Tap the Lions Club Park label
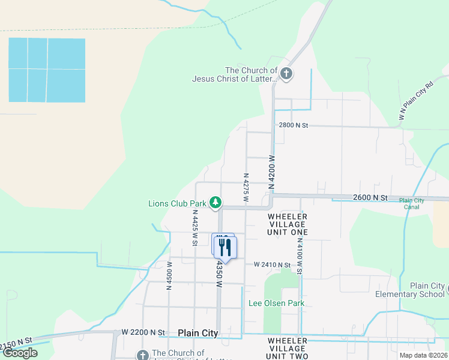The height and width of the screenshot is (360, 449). coord(177,203)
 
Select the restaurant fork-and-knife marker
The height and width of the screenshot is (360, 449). coord(225,247)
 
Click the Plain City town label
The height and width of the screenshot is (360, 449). coord(198,333)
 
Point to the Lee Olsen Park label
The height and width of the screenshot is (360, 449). coord(276,303)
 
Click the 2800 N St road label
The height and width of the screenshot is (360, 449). coord(293,125)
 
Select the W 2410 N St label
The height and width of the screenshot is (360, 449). coord(272,265)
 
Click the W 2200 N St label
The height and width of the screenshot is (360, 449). coord(143,332)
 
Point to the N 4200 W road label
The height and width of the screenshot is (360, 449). coord(271,172)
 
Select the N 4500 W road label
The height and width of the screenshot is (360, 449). coord(169,275)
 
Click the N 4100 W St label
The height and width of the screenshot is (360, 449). coord(300,256)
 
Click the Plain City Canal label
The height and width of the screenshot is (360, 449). coord(411,204)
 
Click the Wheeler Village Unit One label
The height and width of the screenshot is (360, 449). coord(288,224)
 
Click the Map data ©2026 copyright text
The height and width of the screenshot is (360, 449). coord(423,355)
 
